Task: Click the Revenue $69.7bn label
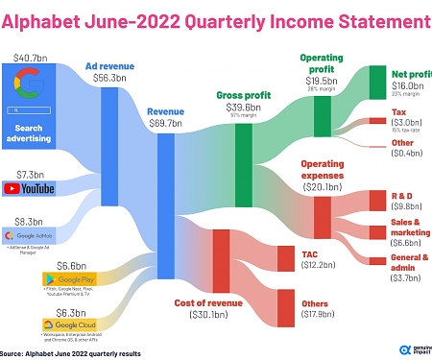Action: click(165, 118)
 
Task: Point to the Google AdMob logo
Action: click(36, 235)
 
